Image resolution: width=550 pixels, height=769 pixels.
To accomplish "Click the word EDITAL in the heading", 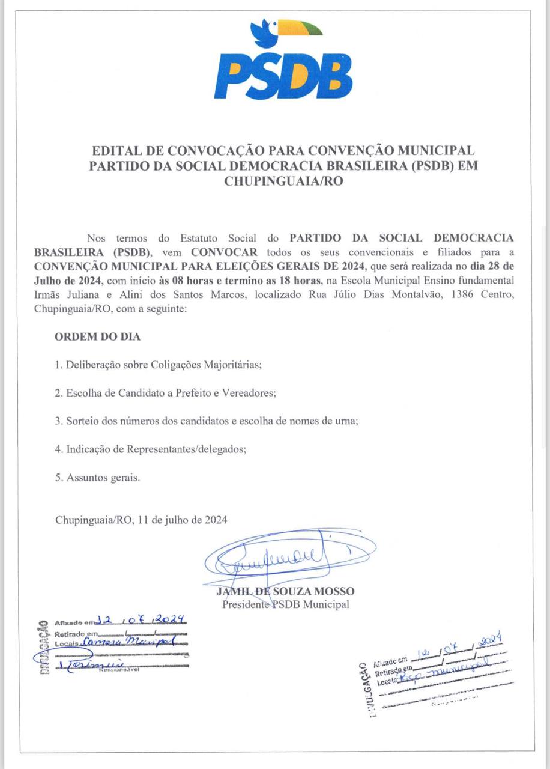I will (112, 150).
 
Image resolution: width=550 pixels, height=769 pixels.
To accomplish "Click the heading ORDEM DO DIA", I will (97, 336).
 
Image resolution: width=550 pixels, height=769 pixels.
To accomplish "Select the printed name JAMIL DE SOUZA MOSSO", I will (285, 591).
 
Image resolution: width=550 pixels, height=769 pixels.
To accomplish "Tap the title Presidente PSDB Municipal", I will (285, 604).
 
